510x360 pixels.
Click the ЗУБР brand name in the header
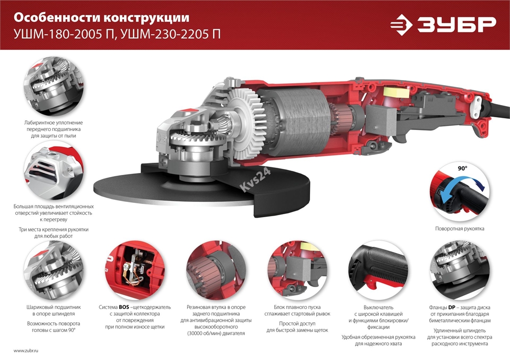click(456, 24)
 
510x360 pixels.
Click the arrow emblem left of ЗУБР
click(404, 24)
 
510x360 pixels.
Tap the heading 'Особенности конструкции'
click(101, 18)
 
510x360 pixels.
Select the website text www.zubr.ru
click(26, 351)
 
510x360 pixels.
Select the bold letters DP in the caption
click(453, 308)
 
